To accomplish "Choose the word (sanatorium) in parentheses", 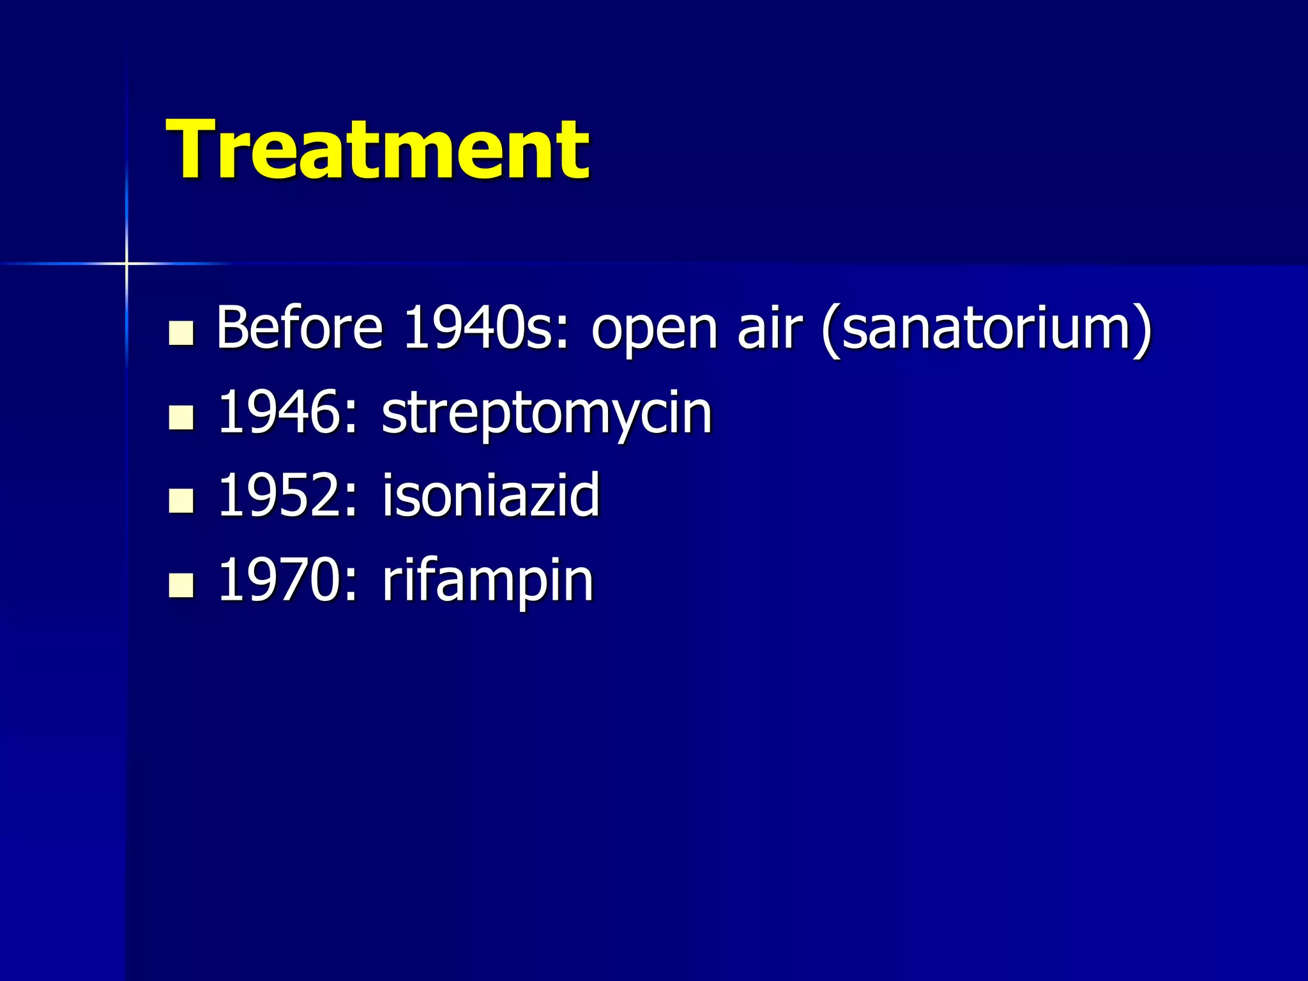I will (987, 328).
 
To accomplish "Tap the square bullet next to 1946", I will (181, 418).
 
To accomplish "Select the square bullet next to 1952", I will (181, 501).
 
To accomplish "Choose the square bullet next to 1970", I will (181, 585).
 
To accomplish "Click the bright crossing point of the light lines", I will (126, 263).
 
